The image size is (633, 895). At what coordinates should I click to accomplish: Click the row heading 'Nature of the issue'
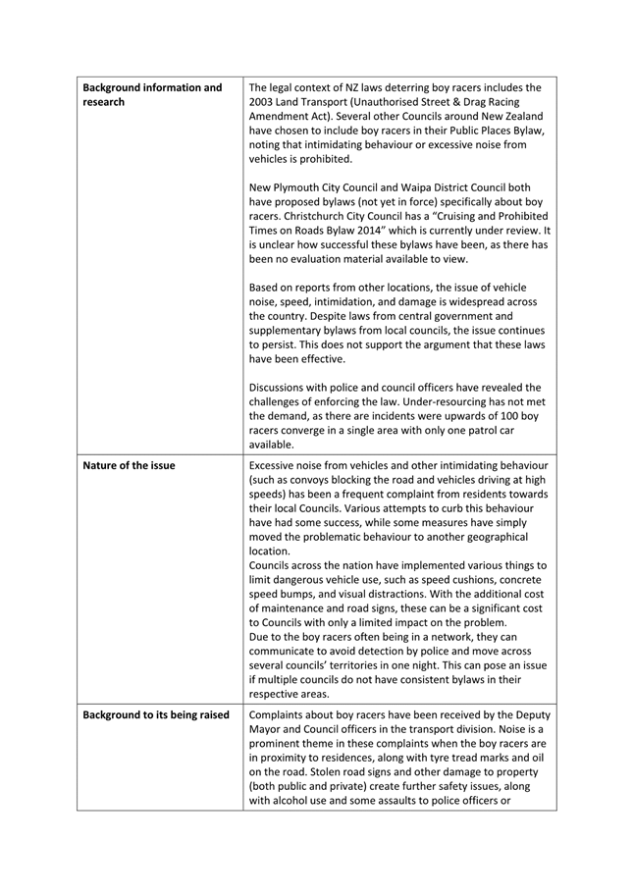(x=130, y=465)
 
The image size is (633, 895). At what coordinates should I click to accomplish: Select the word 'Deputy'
(x=527, y=714)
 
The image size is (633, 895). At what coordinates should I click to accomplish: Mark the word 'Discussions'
(x=286, y=388)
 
